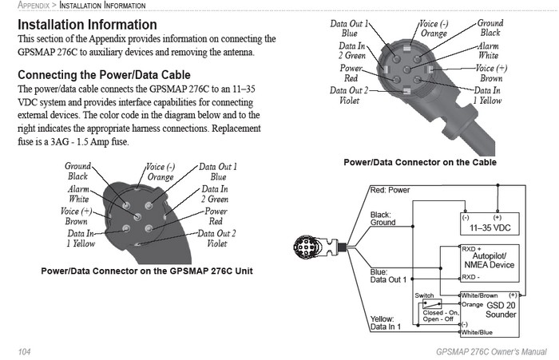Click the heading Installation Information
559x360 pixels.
[87, 25]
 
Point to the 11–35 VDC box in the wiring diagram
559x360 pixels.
[490, 222]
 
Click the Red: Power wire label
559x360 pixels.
[390, 191]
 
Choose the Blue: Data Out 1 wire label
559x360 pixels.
[389, 275]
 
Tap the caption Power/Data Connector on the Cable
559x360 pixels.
[419, 162]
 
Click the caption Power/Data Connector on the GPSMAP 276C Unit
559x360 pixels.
[147, 271]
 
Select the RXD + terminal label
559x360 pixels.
[472, 249]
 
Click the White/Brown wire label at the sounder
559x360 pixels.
[479, 295]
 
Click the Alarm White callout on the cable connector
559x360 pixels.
[488, 51]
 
